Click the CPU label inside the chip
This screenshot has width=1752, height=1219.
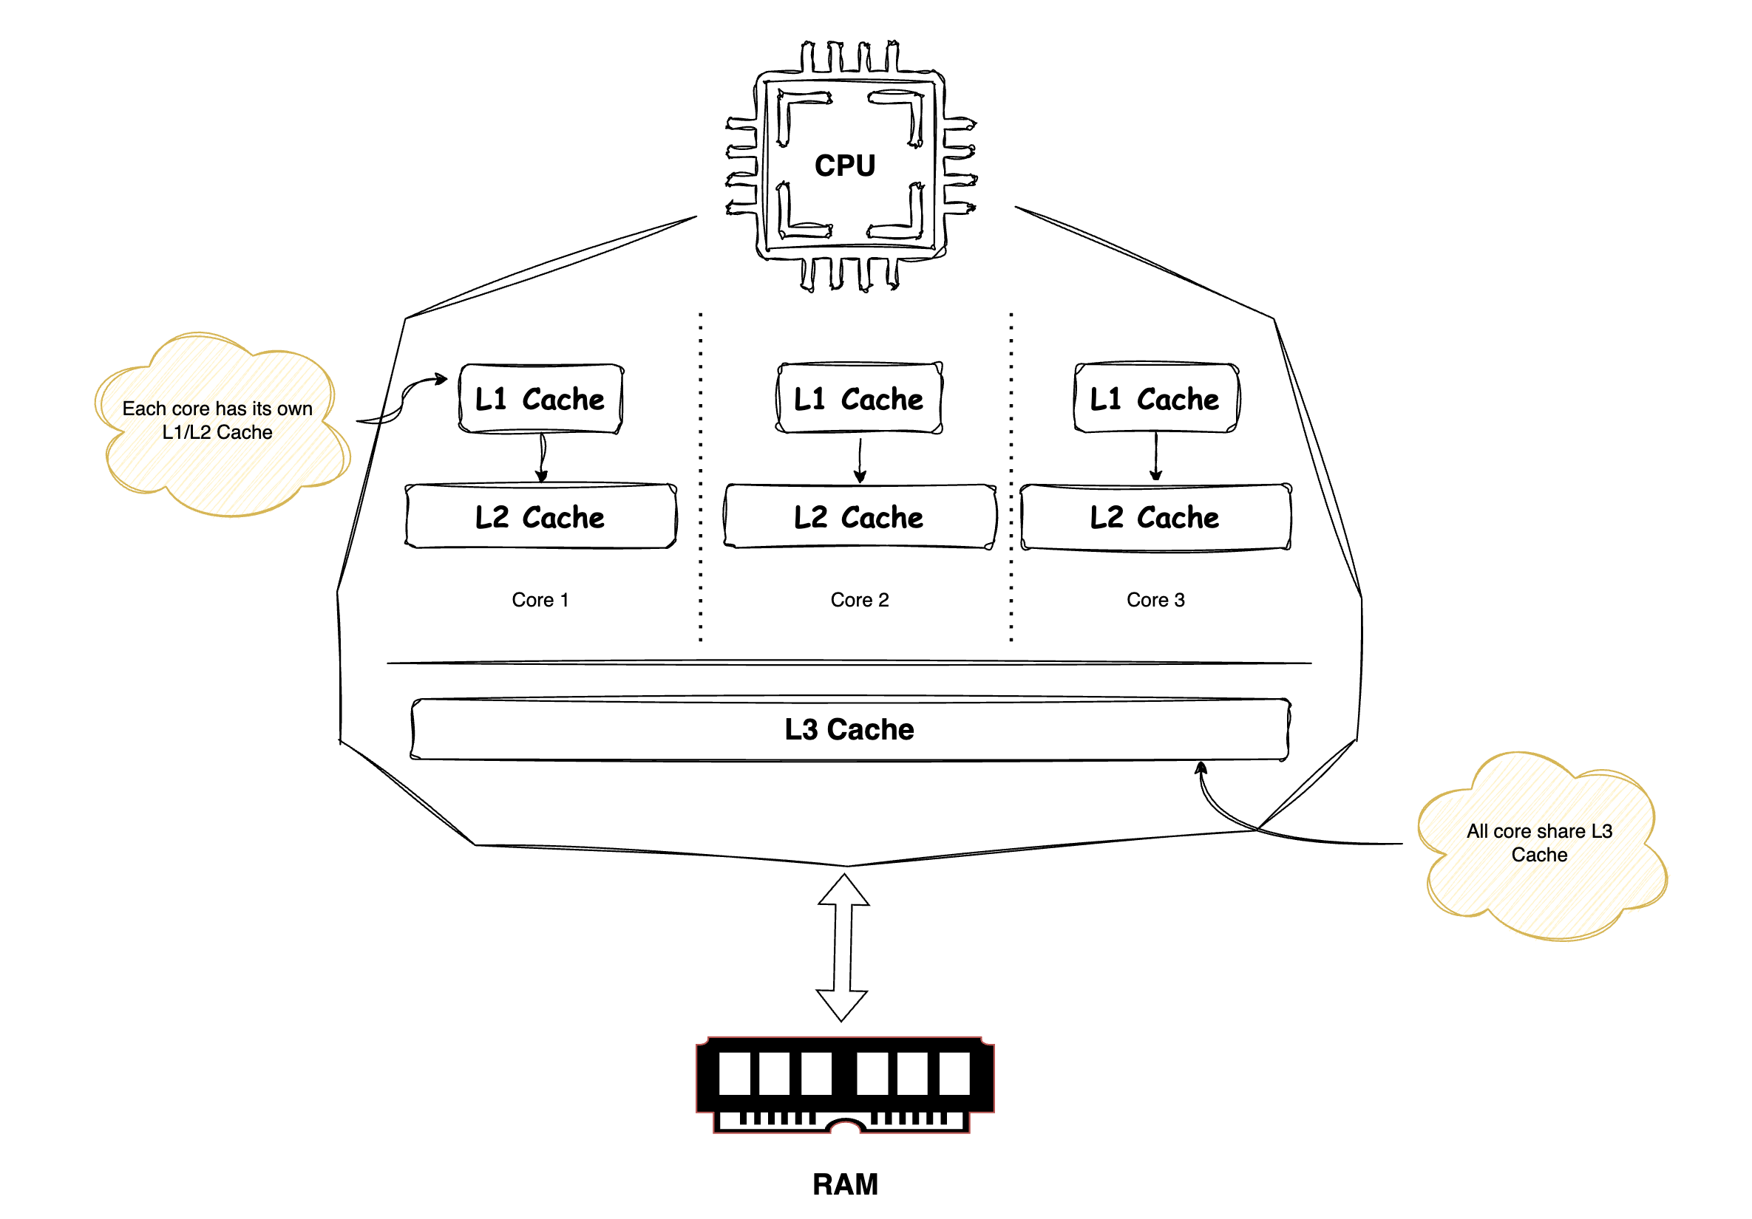845,165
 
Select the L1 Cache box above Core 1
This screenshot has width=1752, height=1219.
540,399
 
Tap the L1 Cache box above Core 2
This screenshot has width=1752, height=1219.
859,399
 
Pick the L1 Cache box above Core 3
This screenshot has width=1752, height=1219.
1155,399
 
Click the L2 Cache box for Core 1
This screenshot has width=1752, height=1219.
540,517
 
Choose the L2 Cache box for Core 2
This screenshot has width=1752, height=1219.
859,517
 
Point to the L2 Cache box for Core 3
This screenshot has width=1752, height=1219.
1155,517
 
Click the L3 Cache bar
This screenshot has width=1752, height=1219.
849,729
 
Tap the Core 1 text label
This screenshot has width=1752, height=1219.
540,601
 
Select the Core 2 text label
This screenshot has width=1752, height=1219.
859,601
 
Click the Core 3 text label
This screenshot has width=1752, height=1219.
1155,601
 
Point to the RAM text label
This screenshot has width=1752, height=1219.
845,1185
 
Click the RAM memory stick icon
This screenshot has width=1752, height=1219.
845,1084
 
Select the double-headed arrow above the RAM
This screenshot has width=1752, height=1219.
843,947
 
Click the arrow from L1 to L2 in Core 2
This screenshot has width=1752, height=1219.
860,460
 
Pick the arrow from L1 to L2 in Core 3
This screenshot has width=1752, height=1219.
1156,457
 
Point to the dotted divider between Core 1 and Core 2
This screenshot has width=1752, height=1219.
701,477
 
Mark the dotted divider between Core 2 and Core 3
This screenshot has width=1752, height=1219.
1011,477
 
